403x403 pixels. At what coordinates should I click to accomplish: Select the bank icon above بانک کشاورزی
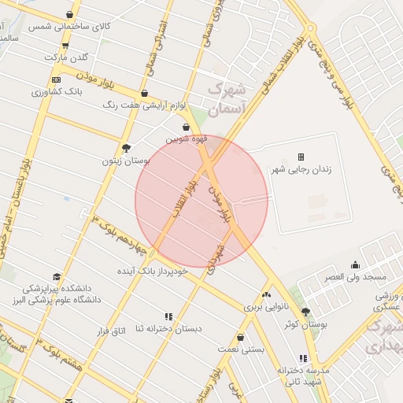click(56, 79)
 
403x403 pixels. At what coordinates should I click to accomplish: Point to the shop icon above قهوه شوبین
click(186, 127)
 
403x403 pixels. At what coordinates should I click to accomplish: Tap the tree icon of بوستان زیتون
click(126, 147)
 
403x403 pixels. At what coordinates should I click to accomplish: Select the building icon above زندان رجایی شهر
click(301, 157)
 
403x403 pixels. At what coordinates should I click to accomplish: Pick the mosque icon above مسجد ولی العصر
click(355, 265)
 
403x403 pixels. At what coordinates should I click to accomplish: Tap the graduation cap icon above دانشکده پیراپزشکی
click(57, 276)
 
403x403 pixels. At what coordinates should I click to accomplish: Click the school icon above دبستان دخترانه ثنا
click(168, 316)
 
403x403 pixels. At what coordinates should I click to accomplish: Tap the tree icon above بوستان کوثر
click(305, 312)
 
